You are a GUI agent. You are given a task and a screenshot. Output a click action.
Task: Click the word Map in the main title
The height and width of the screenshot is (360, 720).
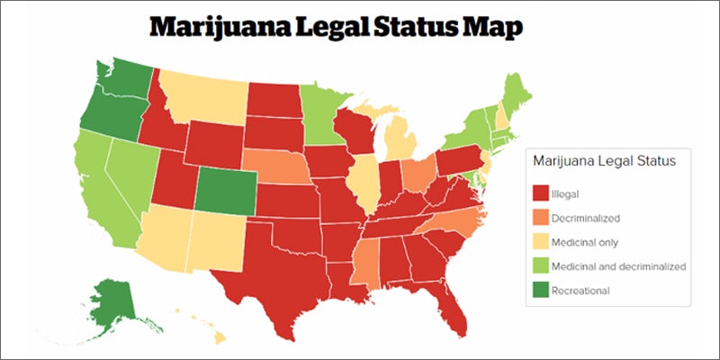491,29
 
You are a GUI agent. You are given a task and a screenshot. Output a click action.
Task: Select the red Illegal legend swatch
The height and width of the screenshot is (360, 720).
542,193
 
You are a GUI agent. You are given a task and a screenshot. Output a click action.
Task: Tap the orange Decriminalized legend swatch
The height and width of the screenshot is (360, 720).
542,217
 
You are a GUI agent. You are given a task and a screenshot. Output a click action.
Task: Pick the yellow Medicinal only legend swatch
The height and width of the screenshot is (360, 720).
542,241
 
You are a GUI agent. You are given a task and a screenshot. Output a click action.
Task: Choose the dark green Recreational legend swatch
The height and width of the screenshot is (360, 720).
542,290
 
